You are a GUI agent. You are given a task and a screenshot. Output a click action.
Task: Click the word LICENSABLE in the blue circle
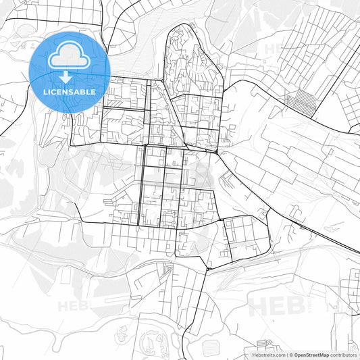tap(70, 91)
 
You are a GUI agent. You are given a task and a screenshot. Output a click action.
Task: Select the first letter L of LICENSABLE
tap(45, 91)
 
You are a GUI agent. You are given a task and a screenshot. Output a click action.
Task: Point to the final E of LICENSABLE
tap(93, 91)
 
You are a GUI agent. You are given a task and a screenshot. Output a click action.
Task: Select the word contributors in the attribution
tap(343, 354)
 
